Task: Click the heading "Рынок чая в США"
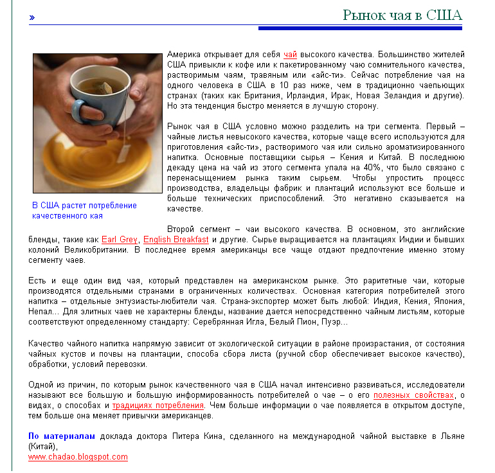point(402,15)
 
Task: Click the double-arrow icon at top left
point(32,17)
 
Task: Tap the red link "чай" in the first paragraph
point(290,55)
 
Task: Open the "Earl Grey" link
point(120,240)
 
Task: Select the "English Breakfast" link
point(175,240)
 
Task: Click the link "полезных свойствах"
point(413,395)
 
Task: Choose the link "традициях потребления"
point(158,406)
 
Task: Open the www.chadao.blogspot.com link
point(78,457)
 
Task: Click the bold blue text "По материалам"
point(62,436)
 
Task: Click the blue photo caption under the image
point(84,211)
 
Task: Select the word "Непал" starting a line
point(40,312)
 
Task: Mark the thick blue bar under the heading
point(360,28)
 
